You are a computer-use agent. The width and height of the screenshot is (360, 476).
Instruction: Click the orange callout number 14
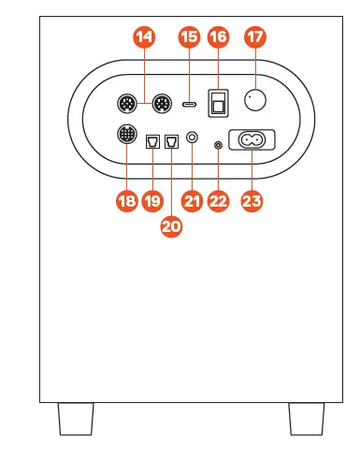[144, 38]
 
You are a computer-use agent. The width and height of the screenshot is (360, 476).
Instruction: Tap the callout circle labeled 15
[190, 38]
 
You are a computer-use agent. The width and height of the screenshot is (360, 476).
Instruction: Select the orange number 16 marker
[219, 38]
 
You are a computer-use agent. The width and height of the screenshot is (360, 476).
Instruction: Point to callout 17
[254, 38]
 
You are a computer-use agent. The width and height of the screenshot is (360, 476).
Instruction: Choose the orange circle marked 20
[172, 226]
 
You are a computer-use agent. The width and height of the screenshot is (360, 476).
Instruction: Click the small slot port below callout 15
[190, 104]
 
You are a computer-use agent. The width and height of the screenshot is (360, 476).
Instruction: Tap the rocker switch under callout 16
[219, 102]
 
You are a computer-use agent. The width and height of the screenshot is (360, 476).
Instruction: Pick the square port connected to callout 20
[171, 142]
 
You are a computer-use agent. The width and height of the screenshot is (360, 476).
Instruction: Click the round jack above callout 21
[192, 138]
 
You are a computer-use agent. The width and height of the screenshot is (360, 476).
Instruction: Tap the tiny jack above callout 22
[219, 144]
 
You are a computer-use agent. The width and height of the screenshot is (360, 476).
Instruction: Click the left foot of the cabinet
[76, 417]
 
